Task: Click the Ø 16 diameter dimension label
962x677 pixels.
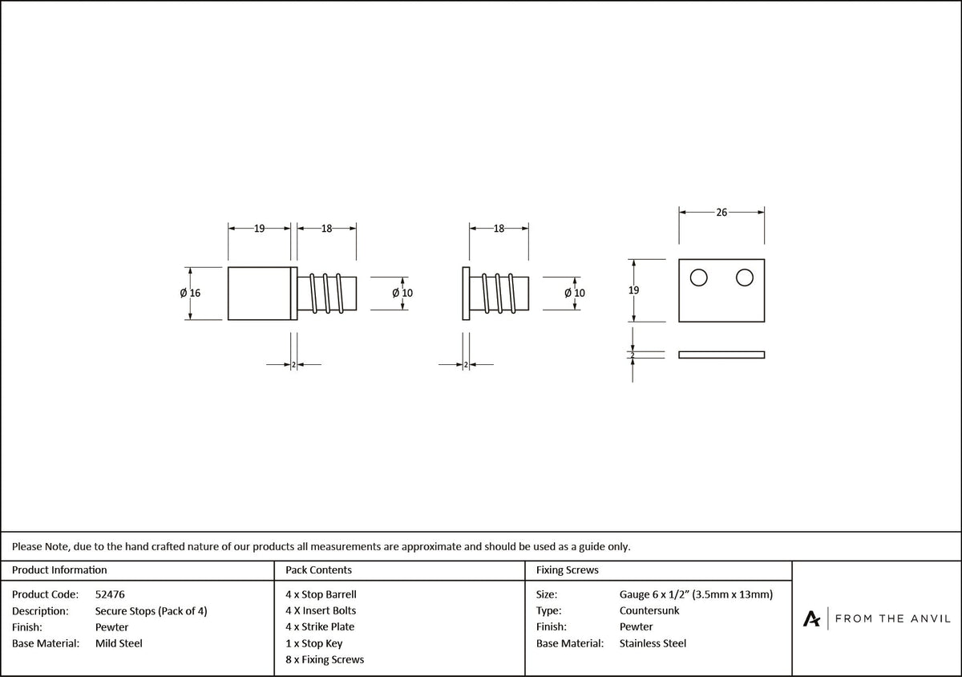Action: click(190, 293)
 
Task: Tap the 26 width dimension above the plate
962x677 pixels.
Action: click(721, 213)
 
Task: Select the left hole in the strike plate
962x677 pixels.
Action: click(699, 278)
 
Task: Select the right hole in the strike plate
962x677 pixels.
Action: click(744, 278)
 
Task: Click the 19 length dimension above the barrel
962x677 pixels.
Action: click(259, 229)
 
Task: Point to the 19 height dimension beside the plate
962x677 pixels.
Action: click(633, 290)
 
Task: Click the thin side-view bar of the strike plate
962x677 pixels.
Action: click(721, 355)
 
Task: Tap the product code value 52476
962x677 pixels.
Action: click(110, 594)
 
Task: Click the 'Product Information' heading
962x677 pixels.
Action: click(59, 570)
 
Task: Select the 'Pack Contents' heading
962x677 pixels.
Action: click(319, 570)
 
